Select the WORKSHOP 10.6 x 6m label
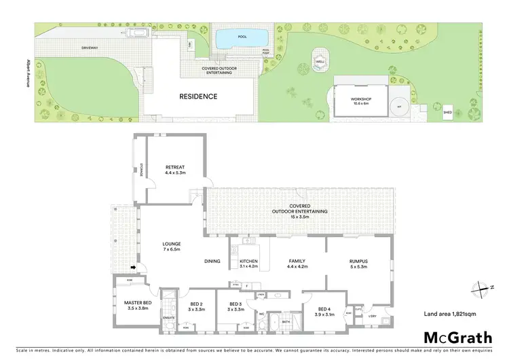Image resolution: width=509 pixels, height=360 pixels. pyautogui.click(x=361, y=103)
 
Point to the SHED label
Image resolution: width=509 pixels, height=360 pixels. pyautogui.click(x=447, y=112)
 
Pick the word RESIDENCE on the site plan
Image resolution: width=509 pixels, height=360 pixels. pyautogui.click(x=198, y=96)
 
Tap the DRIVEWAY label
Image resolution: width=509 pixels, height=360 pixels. pyautogui.click(x=90, y=49)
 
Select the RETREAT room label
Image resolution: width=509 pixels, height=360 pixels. pyautogui.click(x=175, y=170)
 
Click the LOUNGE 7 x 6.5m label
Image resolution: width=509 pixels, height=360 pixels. pyautogui.click(x=170, y=246)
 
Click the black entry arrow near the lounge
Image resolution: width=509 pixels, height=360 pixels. pyautogui.click(x=134, y=268)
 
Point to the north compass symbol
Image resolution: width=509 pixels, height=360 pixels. pyautogui.click(x=480, y=288)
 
